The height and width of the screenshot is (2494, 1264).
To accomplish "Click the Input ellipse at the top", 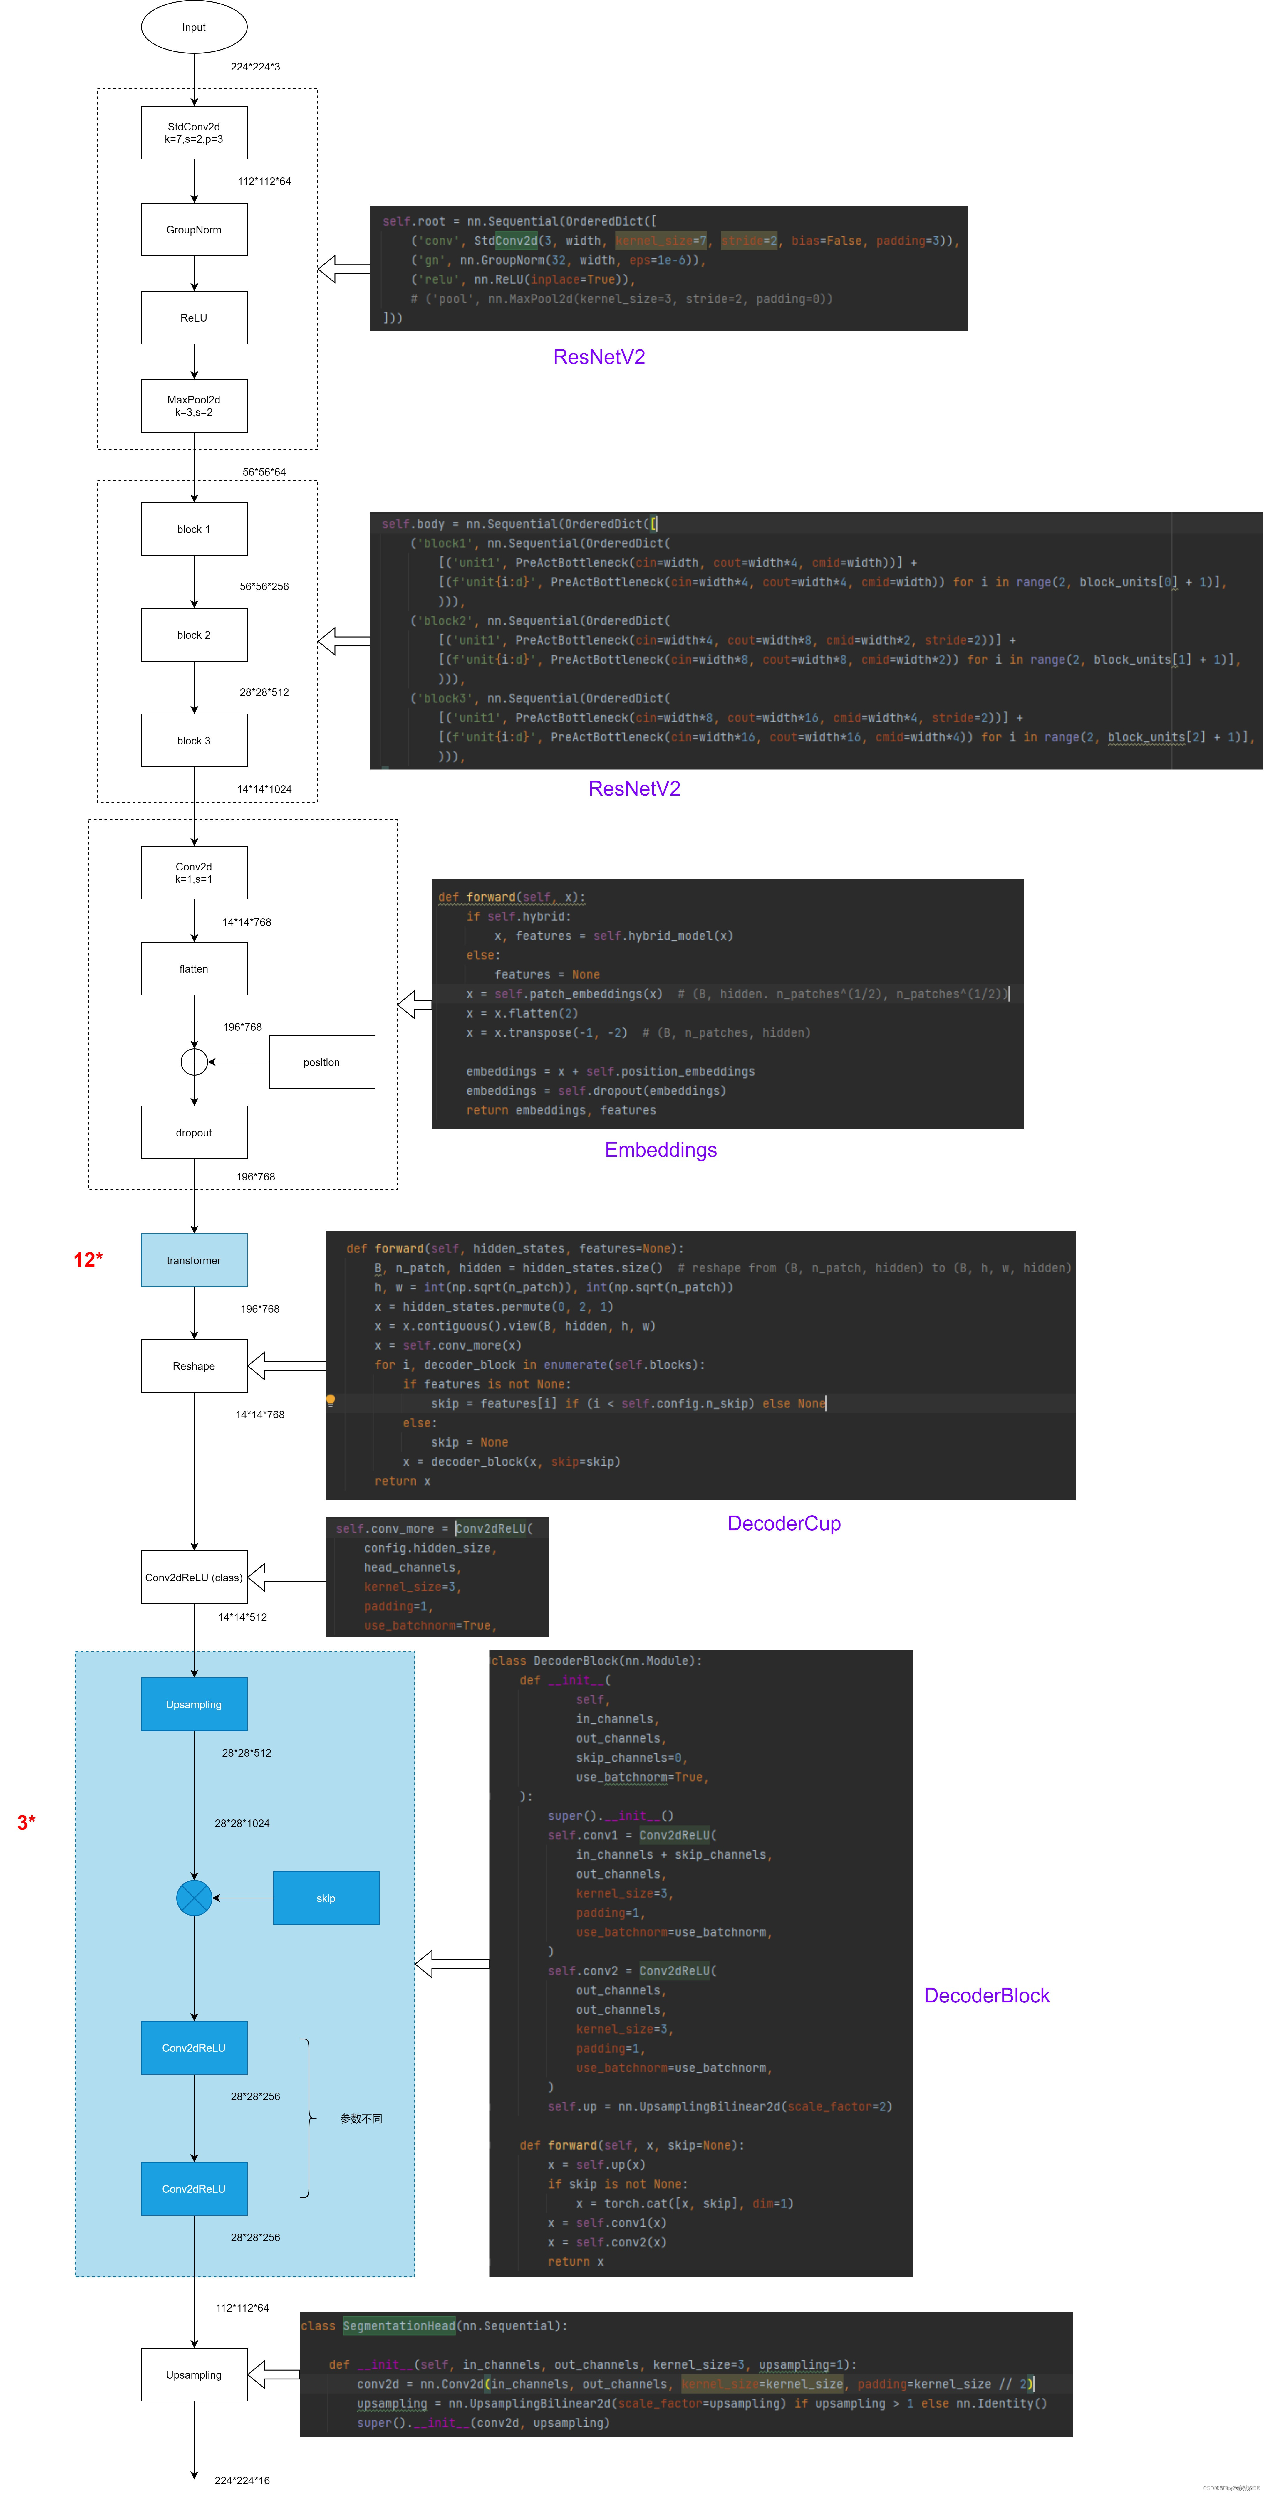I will [x=194, y=27].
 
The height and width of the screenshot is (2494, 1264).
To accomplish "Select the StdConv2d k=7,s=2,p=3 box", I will [x=194, y=133].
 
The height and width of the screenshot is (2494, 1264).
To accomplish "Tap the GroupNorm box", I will [x=194, y=229].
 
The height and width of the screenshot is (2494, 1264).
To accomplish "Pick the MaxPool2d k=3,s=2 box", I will [x=194, y=406].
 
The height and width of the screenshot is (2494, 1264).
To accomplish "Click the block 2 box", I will [x=194, y=635].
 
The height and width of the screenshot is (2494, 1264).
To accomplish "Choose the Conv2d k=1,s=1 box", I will [x=194, y=872].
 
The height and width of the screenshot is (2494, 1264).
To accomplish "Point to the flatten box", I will [x=194, y=969].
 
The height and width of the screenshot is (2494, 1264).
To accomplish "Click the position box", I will [x=321, y=1062].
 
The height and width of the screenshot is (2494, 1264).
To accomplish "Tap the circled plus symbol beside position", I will [x=194, y=1062].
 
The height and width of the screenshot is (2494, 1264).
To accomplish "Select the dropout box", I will [x=194, y=1133].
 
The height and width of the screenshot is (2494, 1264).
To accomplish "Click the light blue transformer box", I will [x=194, y=1261].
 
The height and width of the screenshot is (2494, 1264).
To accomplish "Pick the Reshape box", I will [x=194, y=1366].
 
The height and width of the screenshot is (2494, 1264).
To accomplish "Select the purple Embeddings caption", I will [x=661, y=1150].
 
